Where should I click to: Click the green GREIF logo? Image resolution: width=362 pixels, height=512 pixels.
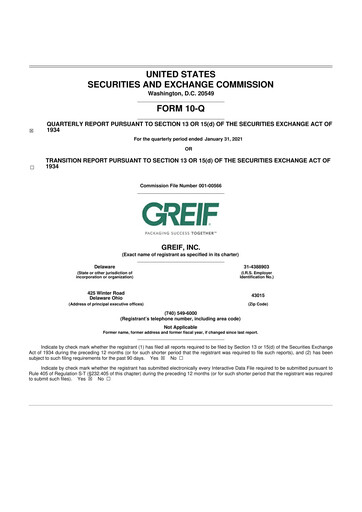coord(180,215)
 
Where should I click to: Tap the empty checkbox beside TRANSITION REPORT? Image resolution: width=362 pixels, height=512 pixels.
coord(31,167)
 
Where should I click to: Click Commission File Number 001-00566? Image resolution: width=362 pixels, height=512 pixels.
coord(180,185)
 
